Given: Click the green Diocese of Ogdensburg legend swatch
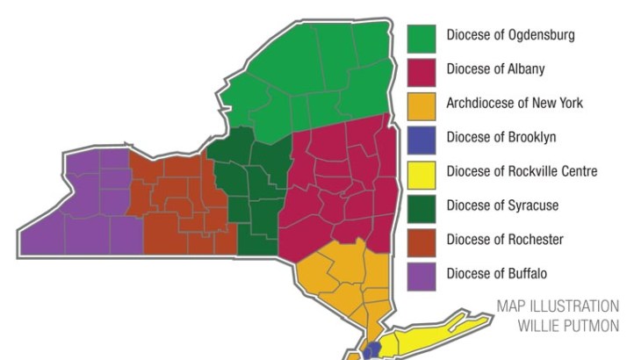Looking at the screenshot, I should [x=422, y=37].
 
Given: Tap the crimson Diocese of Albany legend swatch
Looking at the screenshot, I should [x=422, y=70].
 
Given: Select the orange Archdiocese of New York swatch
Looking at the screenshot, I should [x=422, y=104].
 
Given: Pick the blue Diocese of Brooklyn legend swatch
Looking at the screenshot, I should [x=422, y=139].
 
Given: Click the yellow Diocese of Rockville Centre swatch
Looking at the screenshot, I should [x=422, y=172].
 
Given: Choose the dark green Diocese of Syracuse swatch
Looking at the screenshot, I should [x=422, y=206].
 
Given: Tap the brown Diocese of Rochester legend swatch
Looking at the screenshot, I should [x=422, y=241].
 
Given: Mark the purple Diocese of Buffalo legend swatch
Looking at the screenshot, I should [x=422, y=275].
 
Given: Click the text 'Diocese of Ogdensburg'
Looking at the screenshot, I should [x=510, y=36].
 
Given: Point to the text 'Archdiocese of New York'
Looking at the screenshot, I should [x=515, y=104].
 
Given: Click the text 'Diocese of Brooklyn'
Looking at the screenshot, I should [x=501, y=138].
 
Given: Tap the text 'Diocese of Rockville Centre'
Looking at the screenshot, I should [x=522, y=171].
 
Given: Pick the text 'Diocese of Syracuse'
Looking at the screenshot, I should [x=502, y=205].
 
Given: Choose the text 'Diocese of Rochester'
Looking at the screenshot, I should [x=505, y=240].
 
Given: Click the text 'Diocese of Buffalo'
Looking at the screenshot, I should [x=497, y=274].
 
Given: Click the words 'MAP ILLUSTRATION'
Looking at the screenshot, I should [x=557, y=306].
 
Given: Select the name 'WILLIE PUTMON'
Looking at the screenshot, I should [x=568, y=326].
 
